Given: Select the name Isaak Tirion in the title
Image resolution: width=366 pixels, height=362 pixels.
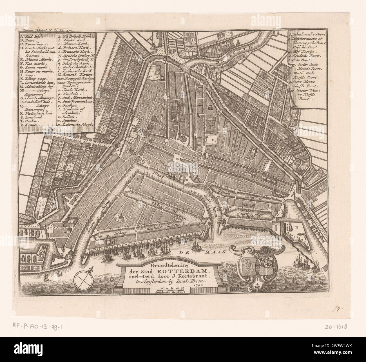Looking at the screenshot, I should point(191,281).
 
